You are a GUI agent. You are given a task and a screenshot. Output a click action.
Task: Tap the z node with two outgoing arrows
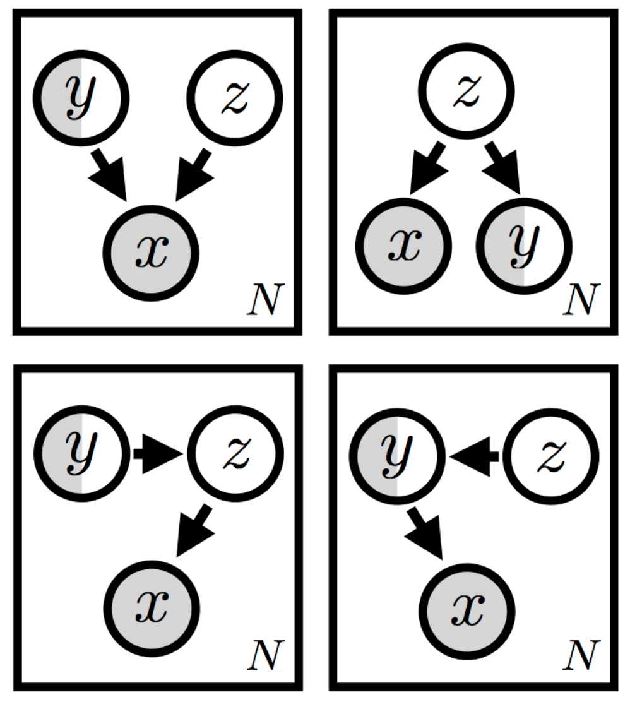467,91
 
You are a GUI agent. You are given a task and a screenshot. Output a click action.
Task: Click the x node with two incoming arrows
152,253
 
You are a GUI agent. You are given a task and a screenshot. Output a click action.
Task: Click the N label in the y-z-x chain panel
266,657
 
